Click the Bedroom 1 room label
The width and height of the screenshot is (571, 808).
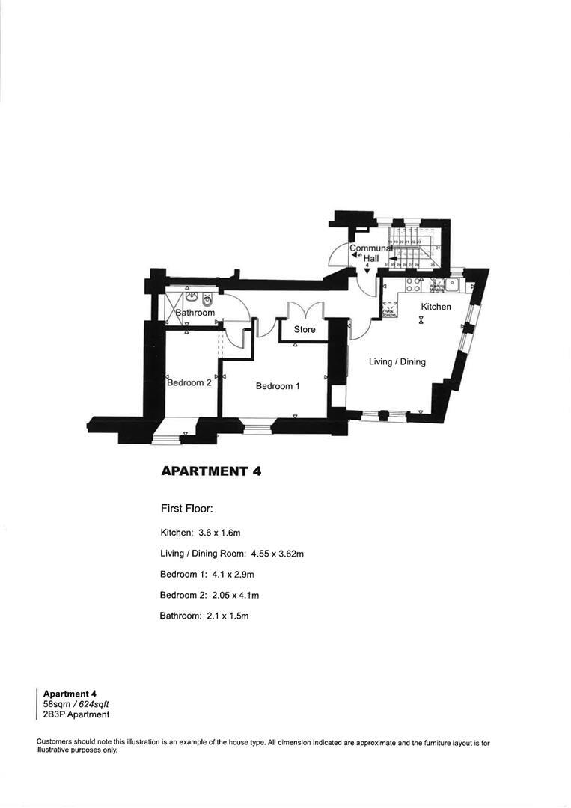(x=278, y=386)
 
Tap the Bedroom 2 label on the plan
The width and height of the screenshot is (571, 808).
(x=189, y=382)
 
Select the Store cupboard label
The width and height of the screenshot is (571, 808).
(x=305, y=329)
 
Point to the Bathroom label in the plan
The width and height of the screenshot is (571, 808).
(x=195, y=313)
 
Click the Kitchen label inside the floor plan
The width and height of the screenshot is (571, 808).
(x=436, y=307)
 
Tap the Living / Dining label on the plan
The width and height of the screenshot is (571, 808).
(x=397, y=362)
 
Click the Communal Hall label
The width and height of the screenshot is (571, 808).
(x=371, y=253)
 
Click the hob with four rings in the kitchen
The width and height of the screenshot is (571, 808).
(x=412, y=284)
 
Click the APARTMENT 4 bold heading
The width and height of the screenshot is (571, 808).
(x=210, y=471)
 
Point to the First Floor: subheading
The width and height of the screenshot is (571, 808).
(x=187, y=509)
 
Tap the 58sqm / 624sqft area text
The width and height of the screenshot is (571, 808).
(x=76, y=704)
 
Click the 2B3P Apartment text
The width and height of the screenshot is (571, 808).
(x=76, y=714)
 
